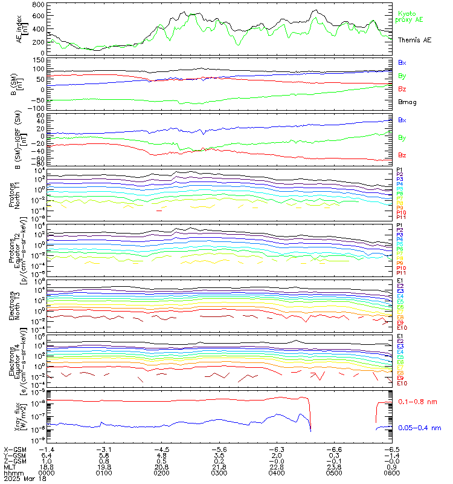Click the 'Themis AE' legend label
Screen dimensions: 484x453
coord(415,39)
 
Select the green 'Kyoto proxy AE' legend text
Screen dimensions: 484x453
coord(410,17)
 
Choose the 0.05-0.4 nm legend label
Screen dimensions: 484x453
coord(419,428)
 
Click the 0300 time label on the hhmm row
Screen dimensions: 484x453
coord(219,473)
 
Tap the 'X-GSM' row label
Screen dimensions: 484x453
coord(14,450)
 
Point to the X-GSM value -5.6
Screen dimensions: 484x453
coord(218,450)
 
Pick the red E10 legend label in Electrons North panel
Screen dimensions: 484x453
coord(402,328)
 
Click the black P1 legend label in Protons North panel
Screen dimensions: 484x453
coord(400,170)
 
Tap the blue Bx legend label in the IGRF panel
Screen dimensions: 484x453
coord(402,120)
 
